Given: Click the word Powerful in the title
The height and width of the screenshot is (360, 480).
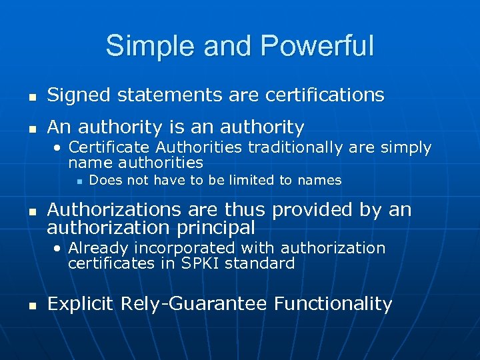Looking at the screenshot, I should click(317, 46).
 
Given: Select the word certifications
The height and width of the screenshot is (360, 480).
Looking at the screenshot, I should click(325, 95).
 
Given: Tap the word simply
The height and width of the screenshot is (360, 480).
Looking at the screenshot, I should click(406, 148).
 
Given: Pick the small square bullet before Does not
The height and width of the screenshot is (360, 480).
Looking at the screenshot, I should click(79, 181).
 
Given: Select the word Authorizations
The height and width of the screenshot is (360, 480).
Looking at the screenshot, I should click(114, 210).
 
